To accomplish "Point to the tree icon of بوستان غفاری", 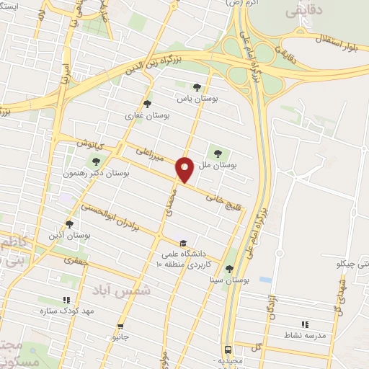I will coord(147,103).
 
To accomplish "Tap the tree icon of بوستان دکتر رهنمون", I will coord(94,160).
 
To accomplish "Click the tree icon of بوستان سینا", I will coord(229,269).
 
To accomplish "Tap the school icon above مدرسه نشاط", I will coord(304,324).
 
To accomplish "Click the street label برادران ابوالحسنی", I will coord(114,217).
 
